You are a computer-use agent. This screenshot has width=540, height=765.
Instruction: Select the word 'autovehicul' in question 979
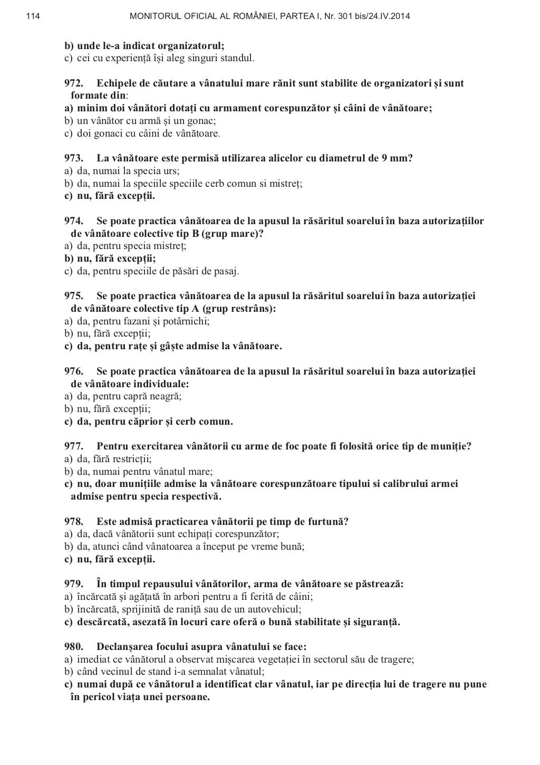[275, 609]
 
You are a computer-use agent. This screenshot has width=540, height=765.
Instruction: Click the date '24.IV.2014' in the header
[389, 17]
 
